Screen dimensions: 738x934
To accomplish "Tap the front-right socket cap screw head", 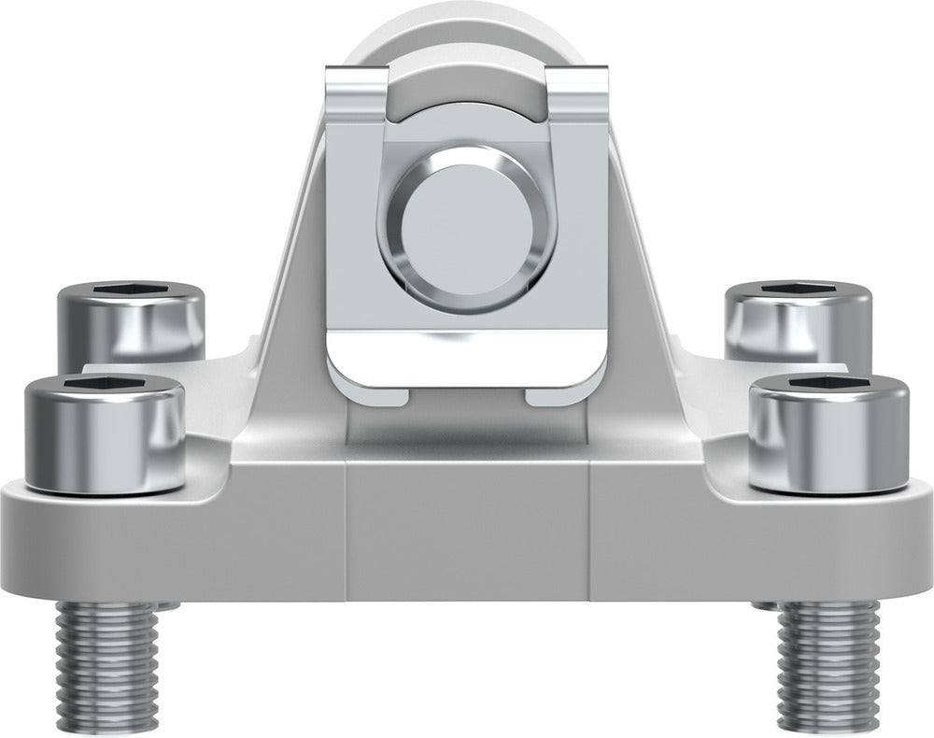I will (x=829, y=439).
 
